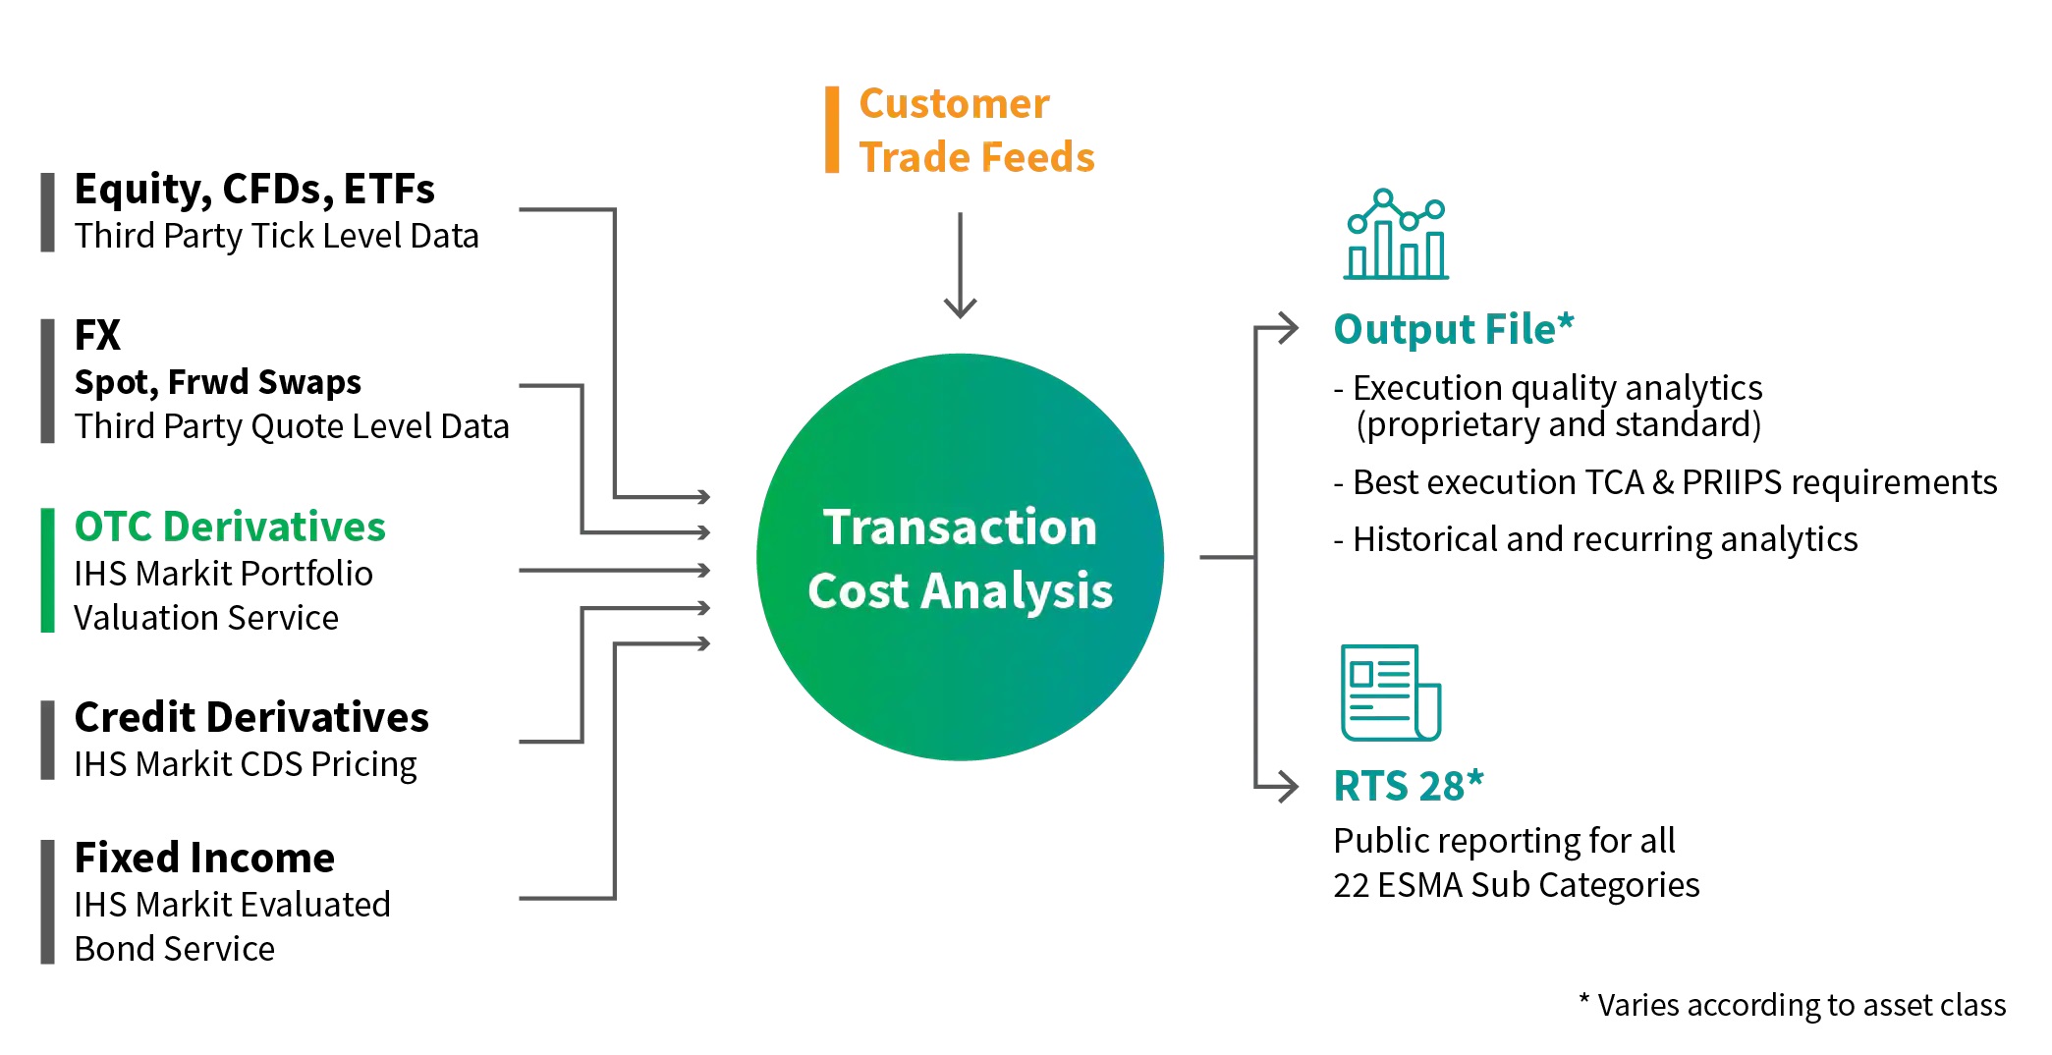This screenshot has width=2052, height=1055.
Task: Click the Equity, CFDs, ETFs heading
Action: coord(254,190)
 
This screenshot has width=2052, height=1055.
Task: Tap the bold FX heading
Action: coord(97,336)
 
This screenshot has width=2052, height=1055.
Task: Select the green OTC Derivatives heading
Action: coord(230,527)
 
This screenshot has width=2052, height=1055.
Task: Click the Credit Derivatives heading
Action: coord(251,718)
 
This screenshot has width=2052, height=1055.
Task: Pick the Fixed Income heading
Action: coord(204,859)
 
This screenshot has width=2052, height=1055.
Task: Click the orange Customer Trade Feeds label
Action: coord(975,131)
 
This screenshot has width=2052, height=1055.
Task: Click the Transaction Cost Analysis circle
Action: coord(960,557)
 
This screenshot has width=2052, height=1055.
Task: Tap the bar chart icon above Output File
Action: coord(1396,236)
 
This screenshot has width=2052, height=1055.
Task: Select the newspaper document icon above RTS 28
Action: coord(1390,693)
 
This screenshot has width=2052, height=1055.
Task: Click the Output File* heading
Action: coord(1453,330)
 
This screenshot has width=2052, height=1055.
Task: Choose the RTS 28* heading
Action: coord(1408,787)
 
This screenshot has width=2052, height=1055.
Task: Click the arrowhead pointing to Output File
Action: coord(1286,328)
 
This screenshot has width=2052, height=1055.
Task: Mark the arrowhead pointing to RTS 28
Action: coord(1286,786)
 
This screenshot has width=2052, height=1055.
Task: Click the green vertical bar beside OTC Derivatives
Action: coord(47,571)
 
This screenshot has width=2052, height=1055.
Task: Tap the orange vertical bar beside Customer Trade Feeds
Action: coord(832,130)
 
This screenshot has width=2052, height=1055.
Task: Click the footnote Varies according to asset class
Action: coord(1793,1005)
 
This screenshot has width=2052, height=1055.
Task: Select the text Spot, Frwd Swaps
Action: coord(217,382)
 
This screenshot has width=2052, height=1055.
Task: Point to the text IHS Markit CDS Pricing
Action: coord(245,764)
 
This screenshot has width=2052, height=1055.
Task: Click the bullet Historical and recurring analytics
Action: coord(1595,539)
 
